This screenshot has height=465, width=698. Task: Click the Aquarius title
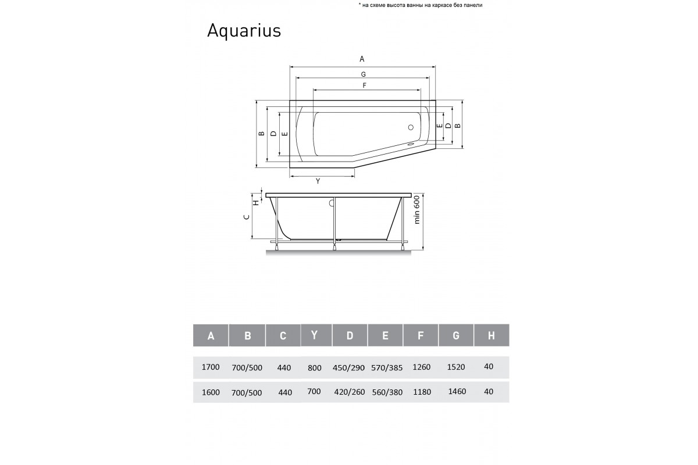[x=244, y=31]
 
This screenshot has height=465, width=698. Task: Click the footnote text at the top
[x=421, y=5]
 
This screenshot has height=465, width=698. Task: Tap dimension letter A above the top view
[x=362, y=59]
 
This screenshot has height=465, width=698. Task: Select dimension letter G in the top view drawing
[x=362, y=74]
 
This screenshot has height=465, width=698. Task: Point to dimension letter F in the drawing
[x=364, y=85]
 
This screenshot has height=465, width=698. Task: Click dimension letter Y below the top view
[x=318, y=181]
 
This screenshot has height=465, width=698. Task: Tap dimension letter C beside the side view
[x=247, y=217]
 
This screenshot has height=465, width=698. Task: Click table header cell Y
[x=315, y=335]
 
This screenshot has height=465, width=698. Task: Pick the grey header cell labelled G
[x=456, y=335]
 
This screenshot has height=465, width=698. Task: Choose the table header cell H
[x=492, y=335]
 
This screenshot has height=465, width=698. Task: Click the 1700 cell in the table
[x=210, y=367]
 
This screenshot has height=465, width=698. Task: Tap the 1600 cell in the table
[x=210, y=392]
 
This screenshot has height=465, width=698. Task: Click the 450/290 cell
[x=350, y=367]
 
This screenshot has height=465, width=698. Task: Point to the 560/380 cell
[x=386, y=392]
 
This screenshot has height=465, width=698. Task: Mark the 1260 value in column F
[x=421, y=367]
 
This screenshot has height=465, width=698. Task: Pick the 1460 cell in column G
[x=458, y=392]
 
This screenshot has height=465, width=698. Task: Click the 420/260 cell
[x=350, y=392]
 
